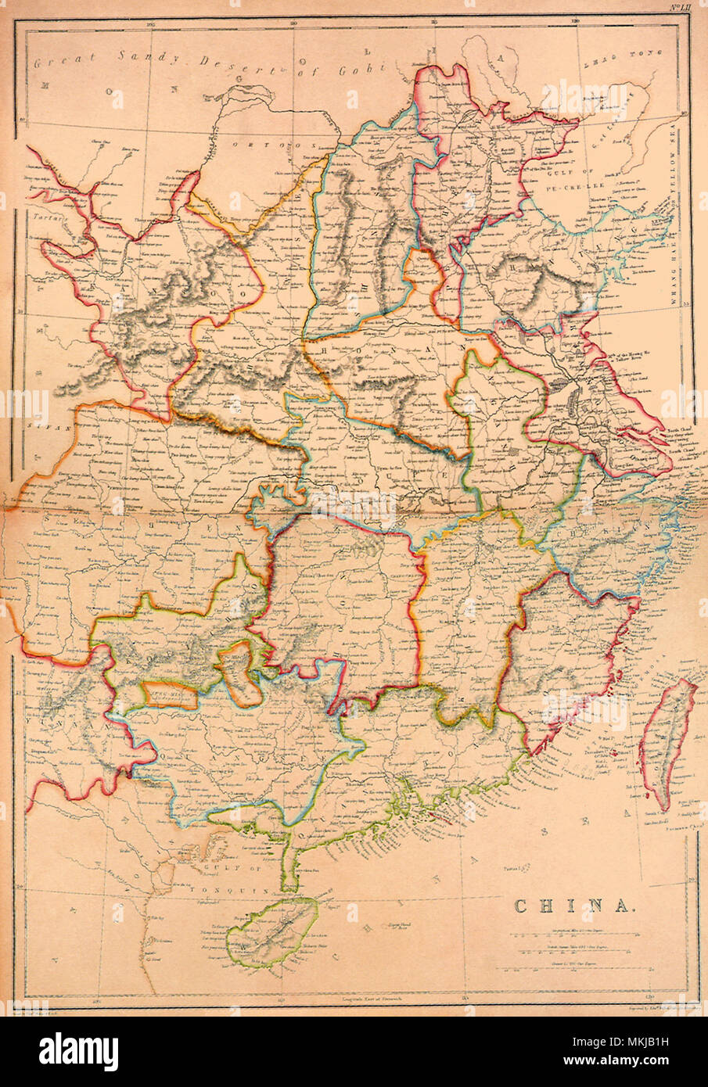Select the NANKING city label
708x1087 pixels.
(x=578, y=429)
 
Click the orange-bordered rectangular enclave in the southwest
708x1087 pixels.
(x=169, y=694)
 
